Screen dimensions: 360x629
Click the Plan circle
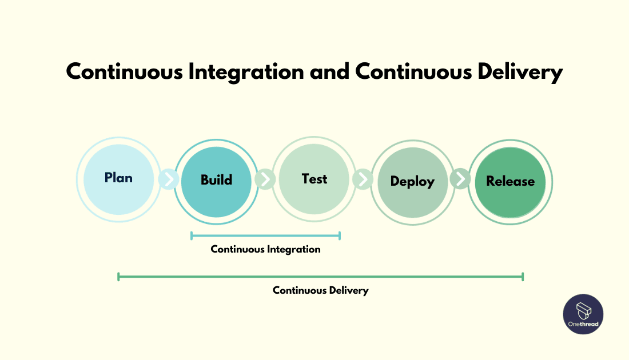point(118,178)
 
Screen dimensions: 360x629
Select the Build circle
point(216,180)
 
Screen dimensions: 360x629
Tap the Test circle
point(314,179)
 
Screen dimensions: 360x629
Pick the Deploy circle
point(412,182)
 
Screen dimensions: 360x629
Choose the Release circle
point(510,182)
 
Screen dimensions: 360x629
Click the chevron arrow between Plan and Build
point(169,179)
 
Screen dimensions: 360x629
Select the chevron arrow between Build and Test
point(265,179)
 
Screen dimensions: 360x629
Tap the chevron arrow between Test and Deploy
point(363,179)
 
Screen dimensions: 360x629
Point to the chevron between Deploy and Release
point(460,179)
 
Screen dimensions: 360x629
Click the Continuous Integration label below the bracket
point(265,249)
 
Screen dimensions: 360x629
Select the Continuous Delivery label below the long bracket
point(320,290)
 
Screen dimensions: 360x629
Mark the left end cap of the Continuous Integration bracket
point(192,235)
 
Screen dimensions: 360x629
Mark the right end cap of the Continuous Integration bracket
point(340,235)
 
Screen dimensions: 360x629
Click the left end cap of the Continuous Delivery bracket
point(118,277)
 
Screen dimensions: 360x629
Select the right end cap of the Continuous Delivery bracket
point(523,277)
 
